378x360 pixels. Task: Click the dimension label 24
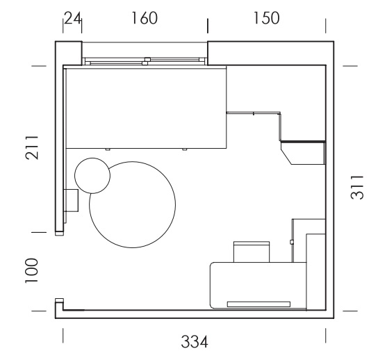point(73,18)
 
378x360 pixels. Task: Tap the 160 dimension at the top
point(145,18)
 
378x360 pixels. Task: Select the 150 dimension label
point(266,18)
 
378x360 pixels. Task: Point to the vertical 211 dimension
point(32,147)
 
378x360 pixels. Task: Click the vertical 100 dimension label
point(32,270)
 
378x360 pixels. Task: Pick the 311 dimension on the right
point(356,188)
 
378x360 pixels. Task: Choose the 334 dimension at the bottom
point(195,342)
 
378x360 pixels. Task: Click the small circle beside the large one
point(92,176)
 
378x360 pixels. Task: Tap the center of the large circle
point(132,204)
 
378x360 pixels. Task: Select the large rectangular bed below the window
point(146,108)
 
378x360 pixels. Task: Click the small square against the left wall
point(71,200)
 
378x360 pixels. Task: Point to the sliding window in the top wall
point(145,61)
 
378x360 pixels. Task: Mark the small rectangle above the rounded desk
point(252,252)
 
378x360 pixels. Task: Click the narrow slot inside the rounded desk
point(258,304)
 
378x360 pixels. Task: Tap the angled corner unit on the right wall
point(303,154)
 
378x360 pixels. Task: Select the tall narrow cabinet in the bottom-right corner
point(315,272)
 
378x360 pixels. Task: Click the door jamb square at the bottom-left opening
point(59,300)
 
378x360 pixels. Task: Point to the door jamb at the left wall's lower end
point(59,234)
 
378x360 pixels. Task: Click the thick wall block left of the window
point(69,53)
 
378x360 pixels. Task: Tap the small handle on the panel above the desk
point(291,242)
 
